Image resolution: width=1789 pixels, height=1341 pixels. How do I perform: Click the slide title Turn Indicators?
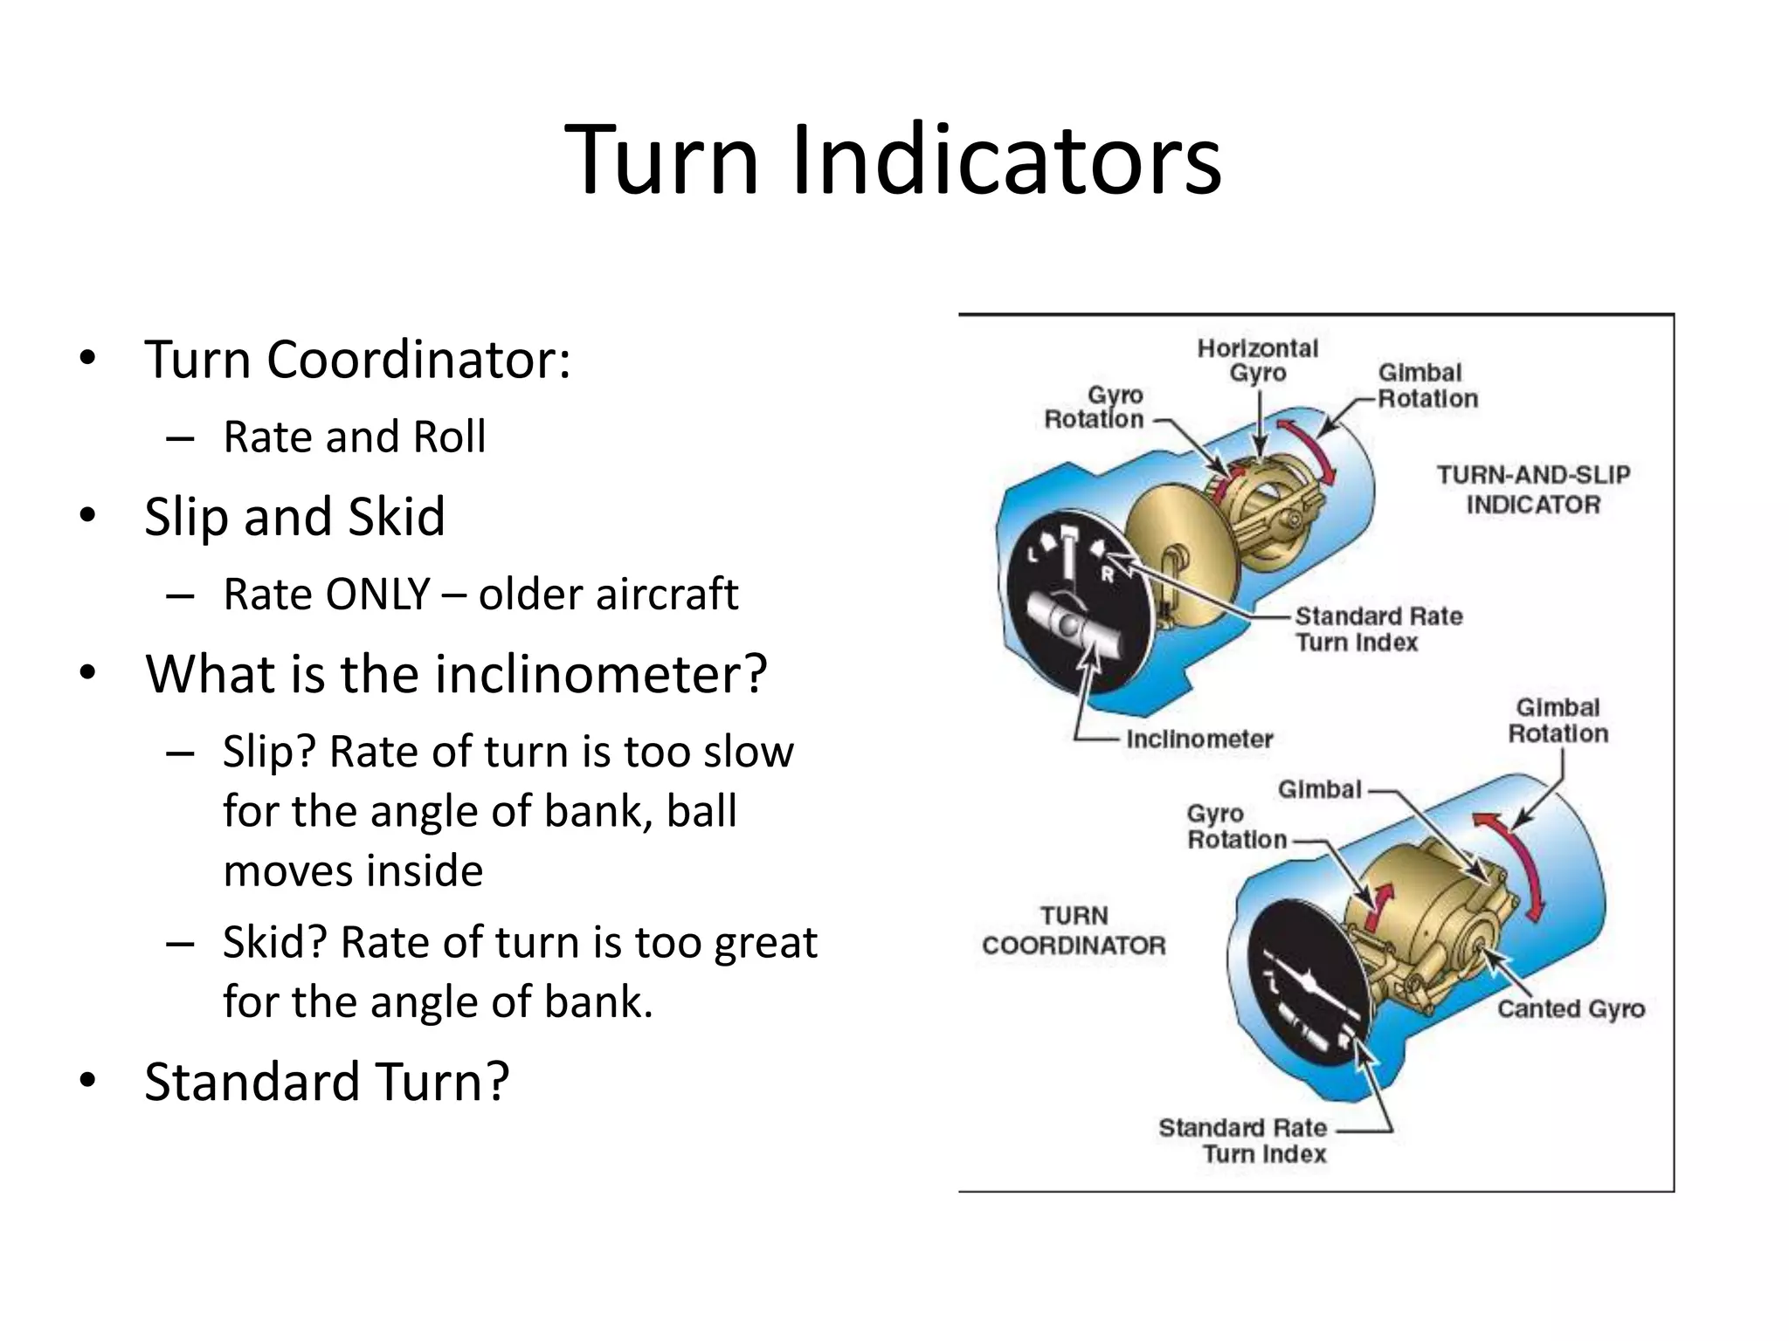coord(893,160)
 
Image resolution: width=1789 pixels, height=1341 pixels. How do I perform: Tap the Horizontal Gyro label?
coord(1257,361)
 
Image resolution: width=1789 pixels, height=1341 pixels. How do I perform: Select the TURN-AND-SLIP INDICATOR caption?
coord(1533,490)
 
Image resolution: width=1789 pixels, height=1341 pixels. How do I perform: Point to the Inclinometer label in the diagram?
coord(1198,739)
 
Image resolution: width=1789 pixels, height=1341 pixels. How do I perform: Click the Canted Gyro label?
coord(1571,1009)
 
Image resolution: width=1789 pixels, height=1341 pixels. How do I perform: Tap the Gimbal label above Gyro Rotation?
coord(1319,789)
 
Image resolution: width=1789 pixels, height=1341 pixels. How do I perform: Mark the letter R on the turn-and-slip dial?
coord(1107,575)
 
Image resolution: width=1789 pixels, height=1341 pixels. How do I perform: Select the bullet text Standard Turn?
coord(327,1082)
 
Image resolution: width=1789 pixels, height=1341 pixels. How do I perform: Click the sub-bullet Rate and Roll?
coord(354,437)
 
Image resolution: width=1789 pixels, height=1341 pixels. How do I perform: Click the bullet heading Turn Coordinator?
coord(357,359)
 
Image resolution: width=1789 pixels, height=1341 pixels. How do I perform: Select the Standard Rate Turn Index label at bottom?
coord(1242,1140)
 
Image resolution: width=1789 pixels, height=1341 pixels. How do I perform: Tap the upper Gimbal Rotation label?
coord(1427,386)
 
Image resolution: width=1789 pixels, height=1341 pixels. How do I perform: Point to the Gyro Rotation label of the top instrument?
coord(1095,408)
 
